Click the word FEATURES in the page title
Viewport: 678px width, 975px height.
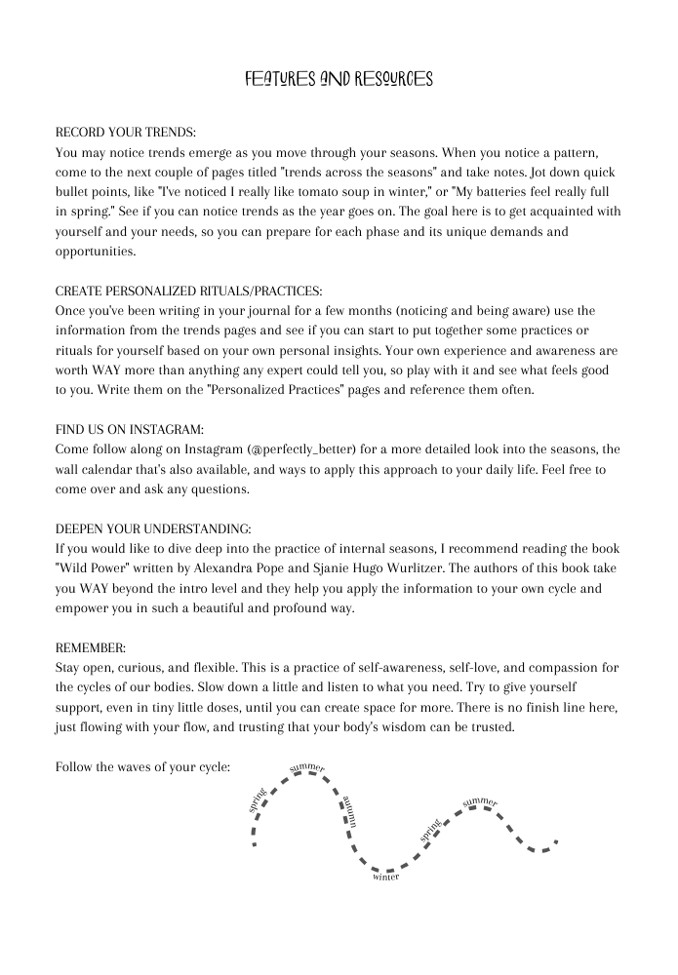[x=278, y=79]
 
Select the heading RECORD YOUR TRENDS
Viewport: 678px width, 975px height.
[x=126, y=131]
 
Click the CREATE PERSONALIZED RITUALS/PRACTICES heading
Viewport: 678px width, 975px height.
[x=188, y=291]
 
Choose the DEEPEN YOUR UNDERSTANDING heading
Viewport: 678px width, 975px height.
[x=153, y=528]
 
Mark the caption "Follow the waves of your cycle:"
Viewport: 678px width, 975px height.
[x=143, y=766]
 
